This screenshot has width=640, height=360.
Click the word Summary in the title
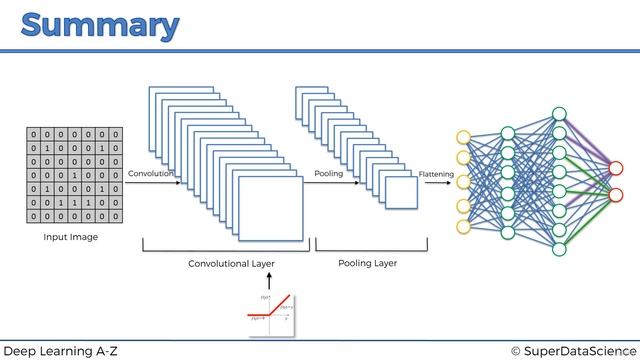point(99,25)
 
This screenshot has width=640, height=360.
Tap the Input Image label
point(70,238)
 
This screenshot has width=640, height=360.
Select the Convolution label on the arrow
point(151,174)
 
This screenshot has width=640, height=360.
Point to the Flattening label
point(436,174)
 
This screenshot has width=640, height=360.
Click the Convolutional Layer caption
point(231,264)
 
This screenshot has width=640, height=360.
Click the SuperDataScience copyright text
point(572,350)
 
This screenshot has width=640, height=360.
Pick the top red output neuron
point(616,168)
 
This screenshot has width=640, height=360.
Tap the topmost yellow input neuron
point(463,137)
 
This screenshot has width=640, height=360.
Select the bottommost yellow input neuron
point(463,227)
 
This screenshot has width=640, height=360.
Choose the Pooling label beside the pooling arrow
point(328,174)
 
